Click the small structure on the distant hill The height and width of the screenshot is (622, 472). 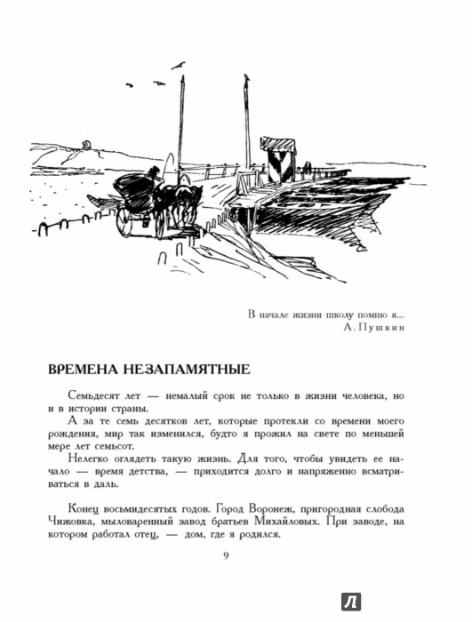click(x=85, y=145)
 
